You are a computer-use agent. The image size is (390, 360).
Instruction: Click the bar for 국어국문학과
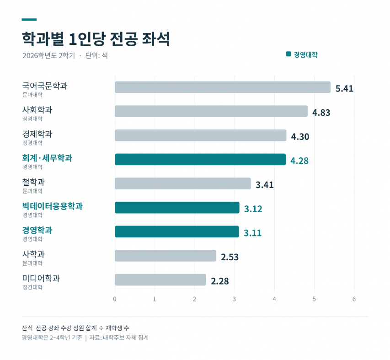point(223,87)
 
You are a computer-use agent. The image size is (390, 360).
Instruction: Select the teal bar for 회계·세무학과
point(200,160)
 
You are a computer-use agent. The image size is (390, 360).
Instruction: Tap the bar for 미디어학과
point(160,280)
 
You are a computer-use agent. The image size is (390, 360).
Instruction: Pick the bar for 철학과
point(183,183)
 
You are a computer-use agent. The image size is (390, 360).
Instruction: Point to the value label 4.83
point(321,113)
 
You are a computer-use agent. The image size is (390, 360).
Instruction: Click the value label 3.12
point(253,209)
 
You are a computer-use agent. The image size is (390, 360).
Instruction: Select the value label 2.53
point(230,257)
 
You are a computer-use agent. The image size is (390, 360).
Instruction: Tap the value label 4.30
point(300,137)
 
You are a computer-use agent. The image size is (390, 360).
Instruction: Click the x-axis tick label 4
point(274,299)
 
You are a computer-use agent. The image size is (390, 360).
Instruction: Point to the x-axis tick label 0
point(115,299)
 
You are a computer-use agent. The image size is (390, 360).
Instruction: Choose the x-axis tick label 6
point(354,299)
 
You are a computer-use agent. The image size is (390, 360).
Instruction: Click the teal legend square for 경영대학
point(288,54)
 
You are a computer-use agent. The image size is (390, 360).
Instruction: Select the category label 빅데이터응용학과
point(52,206)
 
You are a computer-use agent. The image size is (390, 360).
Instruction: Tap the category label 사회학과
point(37,110)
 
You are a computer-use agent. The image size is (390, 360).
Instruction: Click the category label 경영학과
point(37,230)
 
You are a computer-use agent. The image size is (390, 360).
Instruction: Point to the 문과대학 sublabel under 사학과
point(32,263)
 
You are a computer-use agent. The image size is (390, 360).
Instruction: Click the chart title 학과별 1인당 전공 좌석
point(96,39)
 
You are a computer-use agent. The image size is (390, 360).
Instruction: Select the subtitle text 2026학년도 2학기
point(49,55)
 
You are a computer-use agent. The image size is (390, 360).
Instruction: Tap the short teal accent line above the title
point(29,19)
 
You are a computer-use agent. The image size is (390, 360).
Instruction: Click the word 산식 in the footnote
point(27,328)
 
